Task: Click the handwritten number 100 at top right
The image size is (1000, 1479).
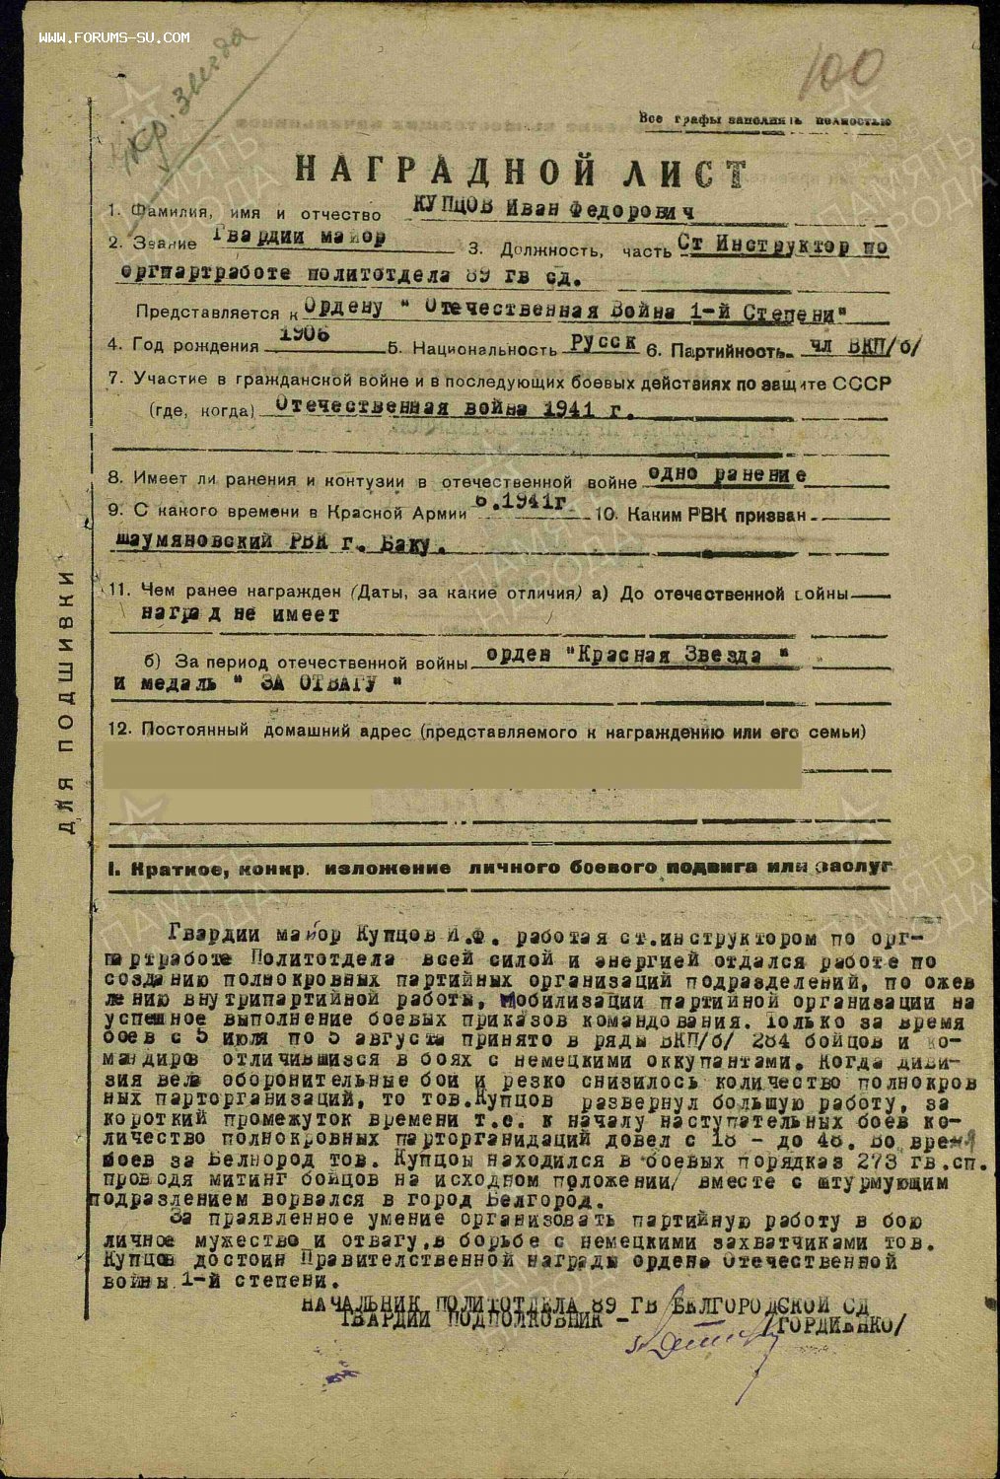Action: tap(845, 72)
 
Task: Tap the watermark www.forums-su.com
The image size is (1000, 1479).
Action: tap(114, 37)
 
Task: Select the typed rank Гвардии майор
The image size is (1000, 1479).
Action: tap(300, 239)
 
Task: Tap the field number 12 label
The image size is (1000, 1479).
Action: tap(120, 731)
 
